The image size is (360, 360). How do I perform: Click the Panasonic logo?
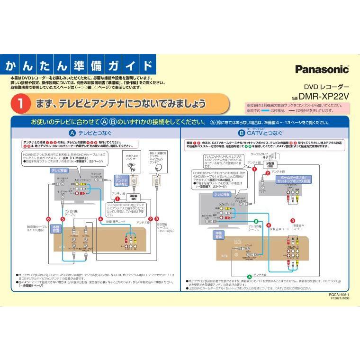pyautogui.click(x=322, y=69)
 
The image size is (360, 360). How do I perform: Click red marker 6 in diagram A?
pyautogui.click(x=49, y=219)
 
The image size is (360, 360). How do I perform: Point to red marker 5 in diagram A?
pyautogui.click(x=63, y=219)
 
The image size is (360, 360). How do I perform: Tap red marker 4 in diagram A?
pyautogui.click(x=101, y=219)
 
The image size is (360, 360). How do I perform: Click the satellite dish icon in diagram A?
pyautogui.click(x=157, y=166)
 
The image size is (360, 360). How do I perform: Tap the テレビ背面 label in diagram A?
pyautogui.click(x=59, y=169)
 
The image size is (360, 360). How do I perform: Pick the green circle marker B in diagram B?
pyautogui.click(x=256, y=221)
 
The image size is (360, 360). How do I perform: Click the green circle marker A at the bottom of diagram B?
pyautogui.click(x=250, y=276)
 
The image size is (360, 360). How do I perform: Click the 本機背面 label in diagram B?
pyautogui.click(x=218, y=234)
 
